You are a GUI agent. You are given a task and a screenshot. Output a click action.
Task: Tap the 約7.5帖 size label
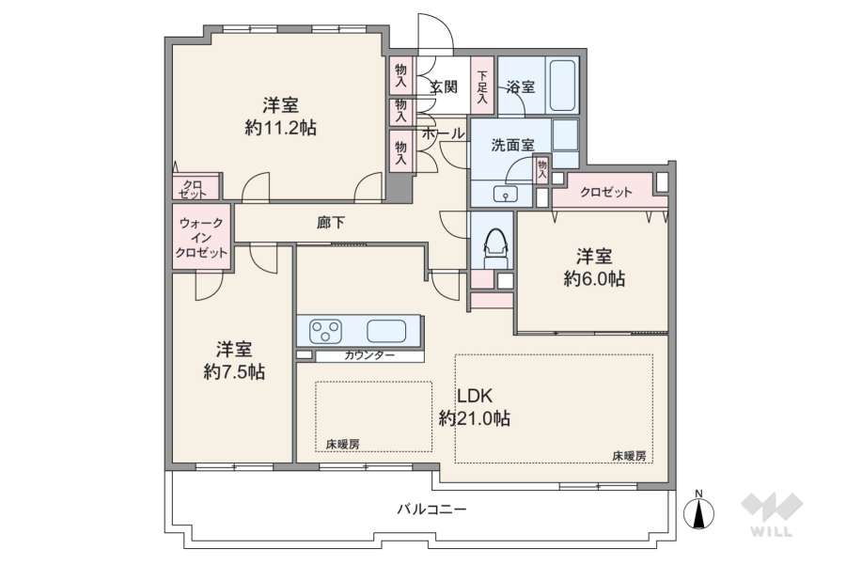click(x=234, y=371)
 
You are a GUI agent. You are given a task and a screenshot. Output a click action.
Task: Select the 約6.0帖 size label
click(x=594, y=278)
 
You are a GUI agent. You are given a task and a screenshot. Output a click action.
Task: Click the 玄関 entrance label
click(x=444, y=86)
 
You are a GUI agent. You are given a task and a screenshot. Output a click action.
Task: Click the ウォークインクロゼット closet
click(x=201, y=238)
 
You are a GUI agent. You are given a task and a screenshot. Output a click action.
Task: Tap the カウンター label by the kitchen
click(x=369, y=355)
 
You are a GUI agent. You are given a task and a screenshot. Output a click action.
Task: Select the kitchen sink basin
click(x=385, y=331)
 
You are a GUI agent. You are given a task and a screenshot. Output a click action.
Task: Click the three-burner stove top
click(x=326, y=331)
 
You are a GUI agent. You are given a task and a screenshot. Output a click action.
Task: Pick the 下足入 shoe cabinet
click(x=482, y=86)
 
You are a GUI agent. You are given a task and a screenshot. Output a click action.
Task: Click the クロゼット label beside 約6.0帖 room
click(x=605, y=192)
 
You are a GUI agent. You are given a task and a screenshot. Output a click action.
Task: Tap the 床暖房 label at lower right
click(x=629, y=455)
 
